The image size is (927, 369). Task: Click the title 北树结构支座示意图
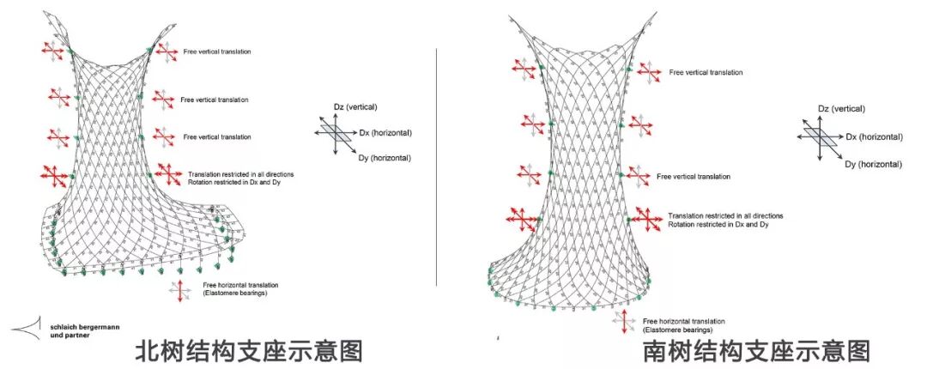tap(249, 350)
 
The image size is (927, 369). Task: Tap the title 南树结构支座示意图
tap(756, 350)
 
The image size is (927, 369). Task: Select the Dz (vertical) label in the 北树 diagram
tap(354, 106)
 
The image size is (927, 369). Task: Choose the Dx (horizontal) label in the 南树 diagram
tap(874, 137)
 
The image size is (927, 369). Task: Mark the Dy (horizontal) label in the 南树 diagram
tap(873, 163)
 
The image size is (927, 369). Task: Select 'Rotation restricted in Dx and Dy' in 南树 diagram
tap(718, 224)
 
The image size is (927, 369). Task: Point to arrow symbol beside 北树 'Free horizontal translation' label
tap(181, 290)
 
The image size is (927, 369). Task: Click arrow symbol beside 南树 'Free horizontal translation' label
tap(624, 322)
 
